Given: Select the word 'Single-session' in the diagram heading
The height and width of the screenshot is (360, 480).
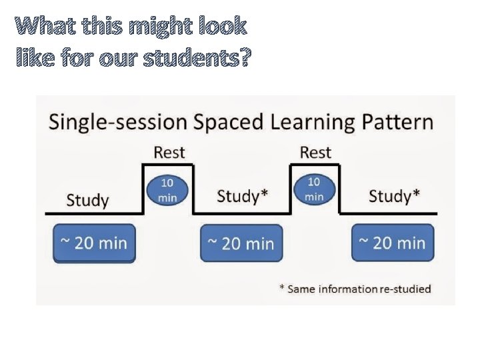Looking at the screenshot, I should [x=117, y=123].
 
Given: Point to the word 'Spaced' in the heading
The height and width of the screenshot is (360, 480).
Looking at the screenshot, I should [x=225, y=123].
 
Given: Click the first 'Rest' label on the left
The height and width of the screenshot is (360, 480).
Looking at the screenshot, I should [x=169, y=153].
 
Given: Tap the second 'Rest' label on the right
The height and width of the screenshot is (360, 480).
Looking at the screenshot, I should [x=315, y=153].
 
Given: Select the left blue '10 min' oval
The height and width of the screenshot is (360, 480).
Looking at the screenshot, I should [x=167, y=189].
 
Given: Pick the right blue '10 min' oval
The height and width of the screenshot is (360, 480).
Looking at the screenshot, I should [x=313, y=189].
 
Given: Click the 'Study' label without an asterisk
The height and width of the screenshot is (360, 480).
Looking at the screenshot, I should [x=87, y=200].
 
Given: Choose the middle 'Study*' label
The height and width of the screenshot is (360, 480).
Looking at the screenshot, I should [x=243, y=197].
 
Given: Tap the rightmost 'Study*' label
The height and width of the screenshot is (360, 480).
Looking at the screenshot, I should [x=394, y=197].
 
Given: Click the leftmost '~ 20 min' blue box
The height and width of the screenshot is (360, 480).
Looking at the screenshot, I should [x=94, y=243].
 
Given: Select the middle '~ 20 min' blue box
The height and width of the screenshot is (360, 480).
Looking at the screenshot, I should [x=241, y=243].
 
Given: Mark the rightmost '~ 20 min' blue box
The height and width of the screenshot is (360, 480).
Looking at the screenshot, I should [x=393, y=243].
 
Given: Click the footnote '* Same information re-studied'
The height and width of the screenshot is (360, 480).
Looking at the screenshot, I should [x=355, y=289].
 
